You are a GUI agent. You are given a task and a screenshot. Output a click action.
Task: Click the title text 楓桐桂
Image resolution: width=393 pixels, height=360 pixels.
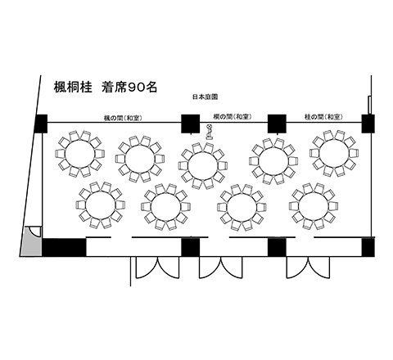point(73,87)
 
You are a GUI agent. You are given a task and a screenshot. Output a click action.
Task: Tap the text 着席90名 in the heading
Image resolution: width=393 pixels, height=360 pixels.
point(129,87)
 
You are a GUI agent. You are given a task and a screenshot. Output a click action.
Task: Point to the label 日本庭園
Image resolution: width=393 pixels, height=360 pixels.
point(206,97)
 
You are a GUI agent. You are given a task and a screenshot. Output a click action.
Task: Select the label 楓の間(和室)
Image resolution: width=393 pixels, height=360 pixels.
point(123,118)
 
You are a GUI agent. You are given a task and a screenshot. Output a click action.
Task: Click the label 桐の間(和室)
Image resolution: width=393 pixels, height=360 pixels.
point(232,117)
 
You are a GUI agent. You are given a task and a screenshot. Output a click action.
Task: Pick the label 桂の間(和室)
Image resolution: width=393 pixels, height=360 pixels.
point(323,117)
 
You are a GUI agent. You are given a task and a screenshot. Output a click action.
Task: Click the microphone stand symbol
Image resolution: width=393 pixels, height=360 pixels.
point(209,132)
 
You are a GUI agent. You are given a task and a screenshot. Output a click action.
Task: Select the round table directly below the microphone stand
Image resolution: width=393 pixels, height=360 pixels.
point(203,166)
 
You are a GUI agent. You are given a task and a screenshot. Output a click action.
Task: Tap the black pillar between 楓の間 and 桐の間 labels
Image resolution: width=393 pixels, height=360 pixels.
point(191,124)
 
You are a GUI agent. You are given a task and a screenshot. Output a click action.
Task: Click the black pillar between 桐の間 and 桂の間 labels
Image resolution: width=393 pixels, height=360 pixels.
point(277,124)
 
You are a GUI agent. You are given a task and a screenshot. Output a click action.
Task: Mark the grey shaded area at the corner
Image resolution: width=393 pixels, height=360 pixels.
point(32,241)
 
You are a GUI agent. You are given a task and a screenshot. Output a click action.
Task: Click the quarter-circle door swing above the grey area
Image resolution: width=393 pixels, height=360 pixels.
point(35,232)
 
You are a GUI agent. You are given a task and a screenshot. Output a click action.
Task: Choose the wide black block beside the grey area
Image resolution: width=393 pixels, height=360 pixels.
point(64,247)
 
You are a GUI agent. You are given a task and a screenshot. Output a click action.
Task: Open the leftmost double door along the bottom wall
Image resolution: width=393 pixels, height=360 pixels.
point(158,268)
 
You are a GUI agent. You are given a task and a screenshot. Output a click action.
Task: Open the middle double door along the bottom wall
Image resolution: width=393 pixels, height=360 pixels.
point(220,268)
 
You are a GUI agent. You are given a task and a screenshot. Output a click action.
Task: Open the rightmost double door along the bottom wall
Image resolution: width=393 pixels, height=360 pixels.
point(308,268)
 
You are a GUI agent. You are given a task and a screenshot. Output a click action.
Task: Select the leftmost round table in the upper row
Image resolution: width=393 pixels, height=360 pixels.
point(79,154)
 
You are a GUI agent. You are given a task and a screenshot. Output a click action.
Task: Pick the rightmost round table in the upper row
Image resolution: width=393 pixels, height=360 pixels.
point(334,153)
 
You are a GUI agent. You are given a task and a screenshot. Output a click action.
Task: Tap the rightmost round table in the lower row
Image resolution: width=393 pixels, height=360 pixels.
point(314,206)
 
